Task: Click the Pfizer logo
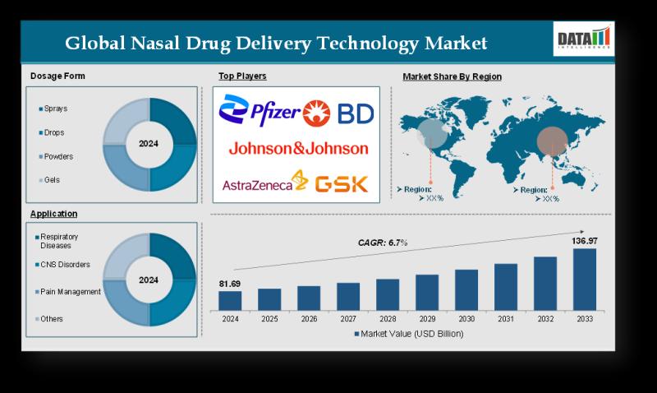click(x=260, y=109)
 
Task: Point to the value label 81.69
click(x=230, y=284)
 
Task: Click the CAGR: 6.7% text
click(x=383, y=243)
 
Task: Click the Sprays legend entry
click(x=55, y=109)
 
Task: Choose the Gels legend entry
click(x=52, y=179)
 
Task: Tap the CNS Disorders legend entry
click(x=65, y=265)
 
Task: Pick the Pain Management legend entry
click(x=70, y=292)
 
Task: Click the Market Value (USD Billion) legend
click(x=408, y=334)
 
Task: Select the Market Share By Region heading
click(x=452, y=76)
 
